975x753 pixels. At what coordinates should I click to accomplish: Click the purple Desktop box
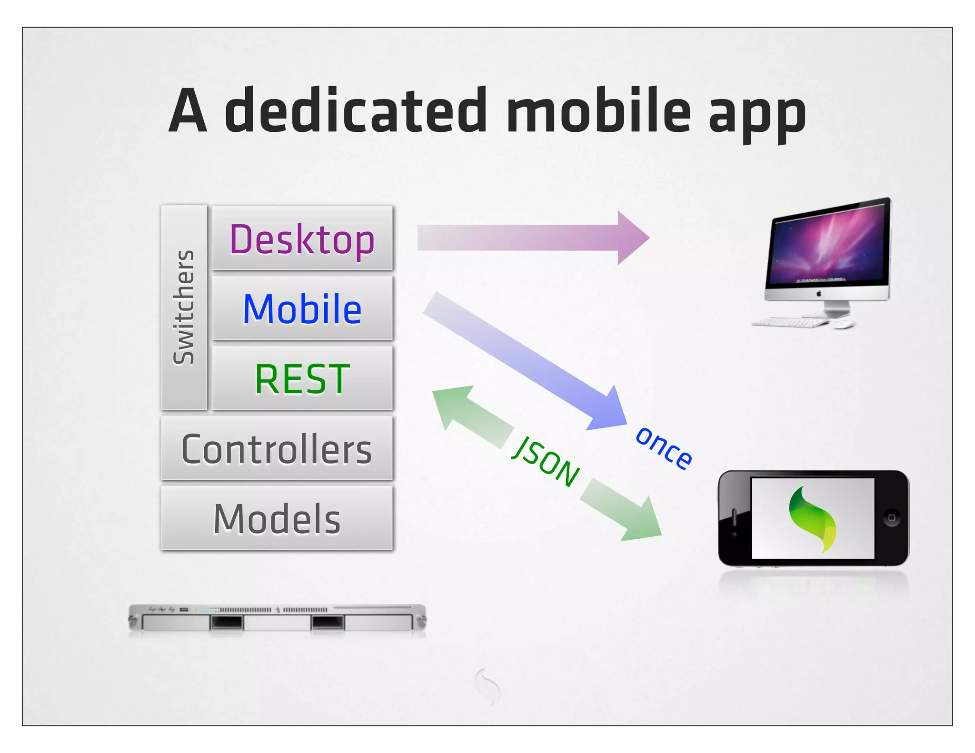pyautogui.click(x=302, y=238)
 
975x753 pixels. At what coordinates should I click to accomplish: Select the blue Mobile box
pyautogui.click(x=302, y=308)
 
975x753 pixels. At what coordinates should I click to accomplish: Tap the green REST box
pyautogui.click(x=302, y=378)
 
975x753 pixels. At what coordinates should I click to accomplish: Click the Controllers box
pyautogui.click(x=277, y=449)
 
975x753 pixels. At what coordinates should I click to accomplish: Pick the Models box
pyautogui.click(x=277, y=519)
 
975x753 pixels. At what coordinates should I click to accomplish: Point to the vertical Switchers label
pyautogui.click(x=184, y=307)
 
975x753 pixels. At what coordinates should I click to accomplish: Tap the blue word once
pyautogui.click(x=664, y=447)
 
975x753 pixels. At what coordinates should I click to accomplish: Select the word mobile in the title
pyautogui.click(x=598, y=111)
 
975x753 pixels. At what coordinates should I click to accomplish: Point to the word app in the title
pyautogui.click(x=757, y=114)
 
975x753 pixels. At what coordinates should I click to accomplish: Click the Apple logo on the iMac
pyautogui.click(x=819, y=294)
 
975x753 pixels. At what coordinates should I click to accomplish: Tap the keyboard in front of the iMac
pyautogui.click(x=790, y=322)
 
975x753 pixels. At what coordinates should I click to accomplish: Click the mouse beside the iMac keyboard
pyautogui.click(x=844, y=325)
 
